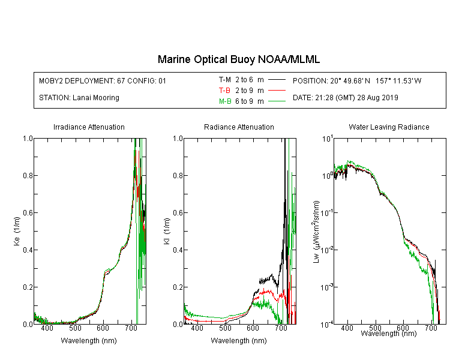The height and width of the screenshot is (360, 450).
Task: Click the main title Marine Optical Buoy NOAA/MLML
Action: (238, 59)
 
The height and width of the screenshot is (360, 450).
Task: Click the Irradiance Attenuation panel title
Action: (89, 127)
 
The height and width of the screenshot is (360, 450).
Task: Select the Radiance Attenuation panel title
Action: (239, 127)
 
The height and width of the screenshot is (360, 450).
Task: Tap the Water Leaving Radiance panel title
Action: (389, 127)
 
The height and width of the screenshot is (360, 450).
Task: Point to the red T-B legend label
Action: (225, 91)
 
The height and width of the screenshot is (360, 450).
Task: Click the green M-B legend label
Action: (225, 101)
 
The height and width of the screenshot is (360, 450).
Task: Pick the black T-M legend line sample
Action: (277, 80)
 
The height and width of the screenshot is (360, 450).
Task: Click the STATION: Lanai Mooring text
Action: (79, 98)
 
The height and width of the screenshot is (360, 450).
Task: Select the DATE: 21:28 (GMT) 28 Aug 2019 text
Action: (345, 98)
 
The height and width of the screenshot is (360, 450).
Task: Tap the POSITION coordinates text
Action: (357, 80)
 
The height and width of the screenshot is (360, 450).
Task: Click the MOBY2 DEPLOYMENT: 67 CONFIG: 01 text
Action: (103, 80)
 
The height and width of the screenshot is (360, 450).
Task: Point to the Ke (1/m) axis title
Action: (17, 232)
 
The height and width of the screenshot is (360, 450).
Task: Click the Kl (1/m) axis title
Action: (167, 232)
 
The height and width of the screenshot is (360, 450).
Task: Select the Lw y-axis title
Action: (316, 232)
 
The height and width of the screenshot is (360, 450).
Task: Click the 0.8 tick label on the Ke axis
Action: (28, 175)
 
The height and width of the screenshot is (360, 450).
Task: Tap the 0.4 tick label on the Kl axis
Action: (178, 250)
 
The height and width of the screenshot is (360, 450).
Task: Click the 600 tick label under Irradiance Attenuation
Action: (103, 328)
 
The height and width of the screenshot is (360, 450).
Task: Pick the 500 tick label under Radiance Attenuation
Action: (225, 328)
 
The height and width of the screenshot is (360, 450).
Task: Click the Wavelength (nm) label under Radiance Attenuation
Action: (239, 341)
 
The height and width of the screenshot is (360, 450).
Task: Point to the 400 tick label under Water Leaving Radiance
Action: (347, 328)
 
